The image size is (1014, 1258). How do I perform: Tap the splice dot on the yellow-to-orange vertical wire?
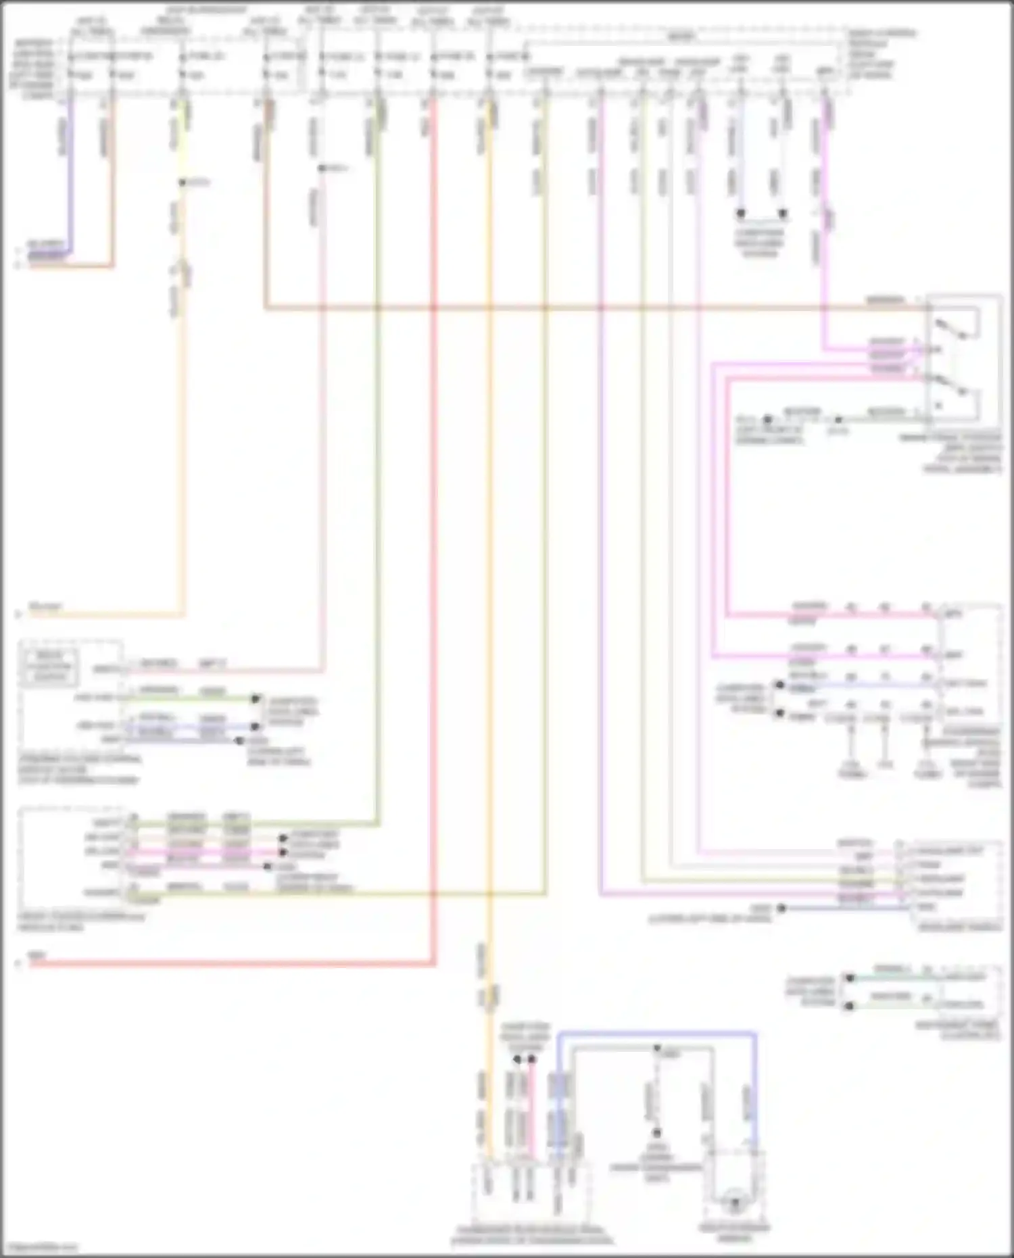coord(182,183)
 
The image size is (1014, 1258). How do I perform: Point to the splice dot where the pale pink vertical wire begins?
coord(322,168)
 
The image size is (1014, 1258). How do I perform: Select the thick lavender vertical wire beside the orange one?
coord(69,176)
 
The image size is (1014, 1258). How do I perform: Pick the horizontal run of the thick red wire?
coord(230,963)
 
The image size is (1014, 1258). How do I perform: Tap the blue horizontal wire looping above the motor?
coord(656,1033)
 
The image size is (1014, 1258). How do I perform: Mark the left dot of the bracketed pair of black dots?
coord(741,214)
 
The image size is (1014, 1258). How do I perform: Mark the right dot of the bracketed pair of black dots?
coord(783,214)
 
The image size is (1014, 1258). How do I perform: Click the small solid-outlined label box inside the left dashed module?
coord(49,665)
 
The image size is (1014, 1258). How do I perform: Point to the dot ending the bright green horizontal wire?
coord(256,698)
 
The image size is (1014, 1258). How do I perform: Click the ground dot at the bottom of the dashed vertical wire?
coord(656,1133)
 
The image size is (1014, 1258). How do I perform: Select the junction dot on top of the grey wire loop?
coord(656,1048)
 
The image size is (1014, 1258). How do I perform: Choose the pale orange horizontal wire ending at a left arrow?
coord(101,615)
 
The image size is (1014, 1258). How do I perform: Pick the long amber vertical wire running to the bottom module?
coord(489,608)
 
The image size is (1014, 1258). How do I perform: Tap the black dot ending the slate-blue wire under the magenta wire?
coord(781,908)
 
